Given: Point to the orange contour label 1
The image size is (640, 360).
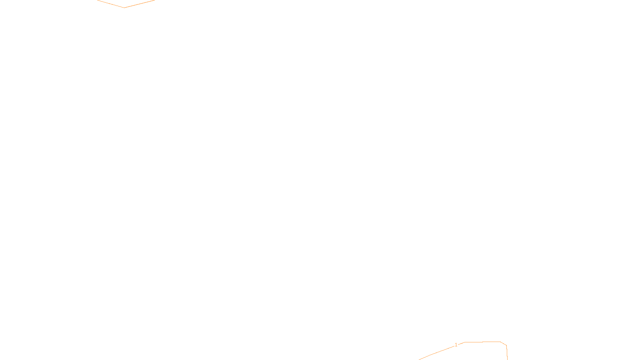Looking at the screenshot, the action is tap(456, 345).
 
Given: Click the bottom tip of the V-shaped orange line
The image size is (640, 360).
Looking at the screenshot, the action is tap(124, 7).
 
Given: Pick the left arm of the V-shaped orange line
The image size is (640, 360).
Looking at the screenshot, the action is tap(111, 4).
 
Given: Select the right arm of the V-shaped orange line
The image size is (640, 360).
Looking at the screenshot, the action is tap(139, 4).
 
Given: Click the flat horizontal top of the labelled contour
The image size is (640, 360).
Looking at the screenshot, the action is tap(482, 342).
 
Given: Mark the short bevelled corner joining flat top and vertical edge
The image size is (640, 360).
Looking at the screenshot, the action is tap(504, 344).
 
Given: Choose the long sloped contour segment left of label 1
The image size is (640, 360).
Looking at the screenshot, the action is tap(436, 352).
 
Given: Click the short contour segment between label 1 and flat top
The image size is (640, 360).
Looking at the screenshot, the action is tap(461, 343).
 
